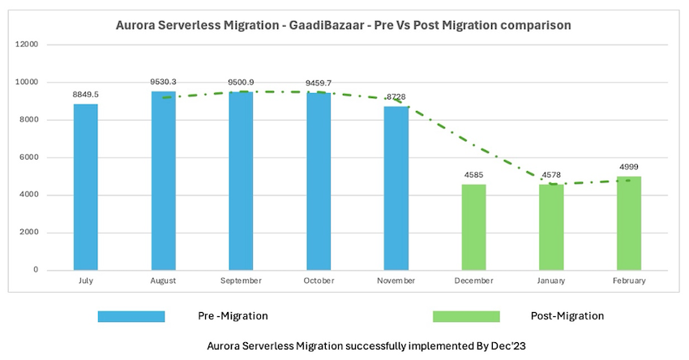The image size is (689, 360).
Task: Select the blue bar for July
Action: [85, 186]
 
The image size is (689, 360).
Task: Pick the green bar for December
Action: [474, 227]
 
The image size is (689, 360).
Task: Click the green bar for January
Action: [552, 227]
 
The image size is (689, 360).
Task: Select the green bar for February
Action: [629, 223]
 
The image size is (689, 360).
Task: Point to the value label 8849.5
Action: [86, 95]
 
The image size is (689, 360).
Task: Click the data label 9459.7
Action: [319, 83]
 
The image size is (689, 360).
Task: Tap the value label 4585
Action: [474, 175]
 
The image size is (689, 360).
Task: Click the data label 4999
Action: [629, 167]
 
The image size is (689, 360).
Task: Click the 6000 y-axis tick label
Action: [29, 157]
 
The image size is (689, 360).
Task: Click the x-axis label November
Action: [396, 281]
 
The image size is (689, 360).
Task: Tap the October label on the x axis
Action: [319, 281]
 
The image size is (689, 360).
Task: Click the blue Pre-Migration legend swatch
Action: [131, 316]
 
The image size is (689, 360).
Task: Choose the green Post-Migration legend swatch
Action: [466, 316]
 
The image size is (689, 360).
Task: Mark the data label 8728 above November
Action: [396, 97]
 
